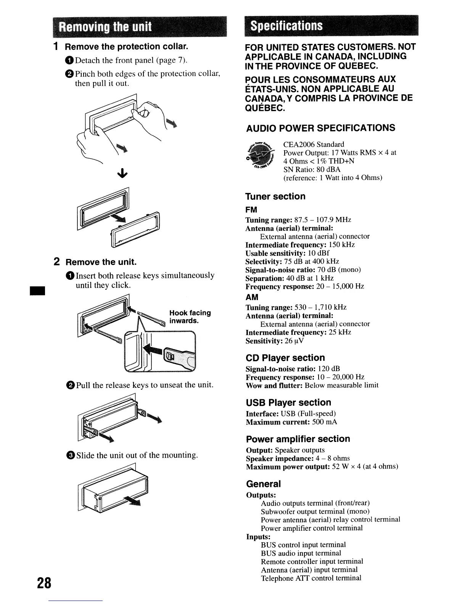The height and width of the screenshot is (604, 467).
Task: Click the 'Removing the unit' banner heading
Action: click(x=106, y=27)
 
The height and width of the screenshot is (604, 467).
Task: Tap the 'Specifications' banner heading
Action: click(x=286, y=26)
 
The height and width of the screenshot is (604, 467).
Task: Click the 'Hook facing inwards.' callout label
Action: click(x=190, y=316)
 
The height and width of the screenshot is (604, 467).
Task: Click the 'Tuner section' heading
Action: click(x=275, y=196)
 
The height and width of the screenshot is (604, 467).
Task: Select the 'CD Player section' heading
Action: click(x=285, y=358)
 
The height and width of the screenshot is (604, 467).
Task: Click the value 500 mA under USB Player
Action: click(x=324, y=422)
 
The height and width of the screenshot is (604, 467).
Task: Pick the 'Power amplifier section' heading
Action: click(x=298, y=439)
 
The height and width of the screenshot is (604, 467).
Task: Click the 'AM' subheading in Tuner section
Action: click(x=252, y=297)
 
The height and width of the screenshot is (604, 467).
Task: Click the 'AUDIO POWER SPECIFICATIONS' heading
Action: click(x=320, y=128)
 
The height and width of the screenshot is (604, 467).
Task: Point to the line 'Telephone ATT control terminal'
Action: click(x=311, y=578)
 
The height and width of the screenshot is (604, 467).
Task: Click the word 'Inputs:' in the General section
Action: click(x=258, y=537)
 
